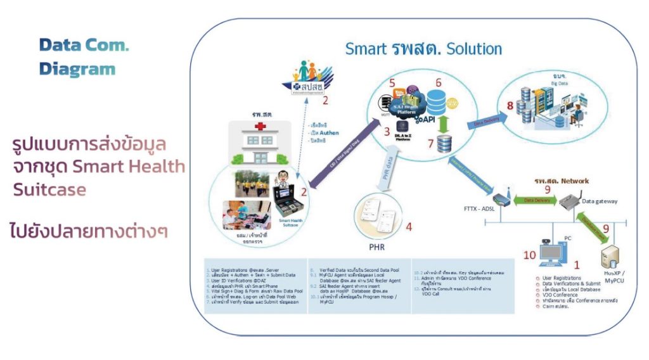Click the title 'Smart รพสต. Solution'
(423, 49)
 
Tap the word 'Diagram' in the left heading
(77, 69)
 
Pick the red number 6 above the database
(438, 83)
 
